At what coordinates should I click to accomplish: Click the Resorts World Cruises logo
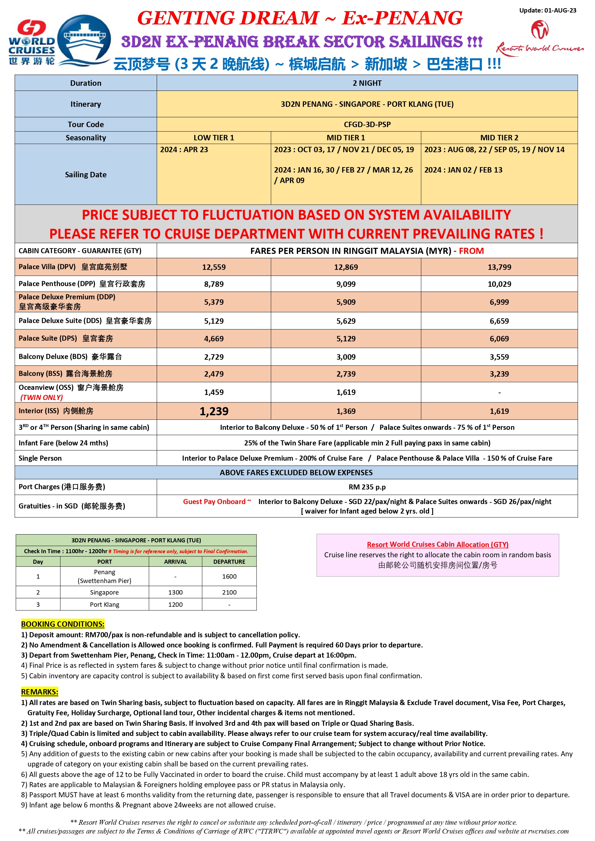click(540, 38)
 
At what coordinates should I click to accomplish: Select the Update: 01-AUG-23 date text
click(548, 10)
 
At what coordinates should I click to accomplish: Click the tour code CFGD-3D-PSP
click(367, 124)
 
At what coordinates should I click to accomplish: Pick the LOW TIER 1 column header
click(214, 138)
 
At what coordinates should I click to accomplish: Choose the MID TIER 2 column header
click(499, 138)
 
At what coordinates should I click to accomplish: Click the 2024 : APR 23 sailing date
click(184, 149)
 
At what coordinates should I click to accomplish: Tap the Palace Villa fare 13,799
click(499, 267)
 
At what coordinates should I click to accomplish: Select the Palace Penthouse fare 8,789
click(214, 284)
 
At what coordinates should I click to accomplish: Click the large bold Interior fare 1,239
click(214, 411)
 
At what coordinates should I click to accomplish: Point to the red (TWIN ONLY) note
click(41, 397)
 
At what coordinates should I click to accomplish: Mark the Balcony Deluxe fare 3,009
click(346, 357)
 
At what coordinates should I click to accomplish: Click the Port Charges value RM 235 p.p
click(367, 487)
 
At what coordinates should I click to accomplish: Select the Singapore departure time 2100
click(229, 592)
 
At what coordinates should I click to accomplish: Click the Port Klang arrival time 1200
click(175, 604)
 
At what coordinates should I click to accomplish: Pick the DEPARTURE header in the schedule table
click(229, 562)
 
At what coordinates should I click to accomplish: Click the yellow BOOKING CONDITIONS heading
click(63, 624)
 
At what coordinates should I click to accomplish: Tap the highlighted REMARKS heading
click(40, 692)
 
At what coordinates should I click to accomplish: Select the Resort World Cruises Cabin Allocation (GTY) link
click(437, 544)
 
